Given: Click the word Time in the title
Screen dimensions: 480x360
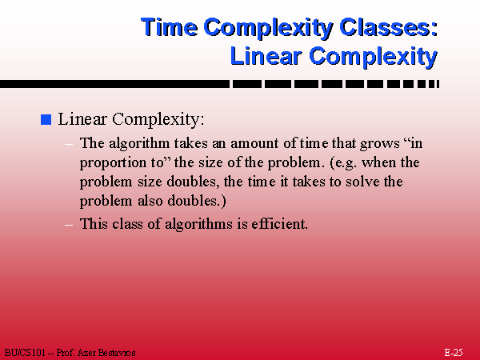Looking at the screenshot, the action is pyautogui.click(x=170, y=27).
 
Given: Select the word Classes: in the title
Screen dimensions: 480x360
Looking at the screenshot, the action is pyautogui.click(x=389, y=27).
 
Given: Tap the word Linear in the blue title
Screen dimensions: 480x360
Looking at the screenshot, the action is pyautogui.click(x=266, y=56).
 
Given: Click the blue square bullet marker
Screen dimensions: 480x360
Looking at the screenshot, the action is pyautogui.click(x=46, y=119).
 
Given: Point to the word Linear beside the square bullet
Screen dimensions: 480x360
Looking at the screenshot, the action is pyautogui.click(x=82, y=118).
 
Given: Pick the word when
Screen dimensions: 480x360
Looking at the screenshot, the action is pyautogui.click(x=379, y=162).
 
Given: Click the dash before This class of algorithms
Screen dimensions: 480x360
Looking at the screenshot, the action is pyautogui.click(x=69, y=225).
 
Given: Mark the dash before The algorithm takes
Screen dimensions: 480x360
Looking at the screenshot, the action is pyautogui.click(x=69, y=144).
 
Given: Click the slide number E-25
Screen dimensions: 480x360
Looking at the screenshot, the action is pyautogui.click(x=454, y=353).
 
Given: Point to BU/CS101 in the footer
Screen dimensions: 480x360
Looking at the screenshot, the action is pyautogui.click(x=25, y=353).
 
